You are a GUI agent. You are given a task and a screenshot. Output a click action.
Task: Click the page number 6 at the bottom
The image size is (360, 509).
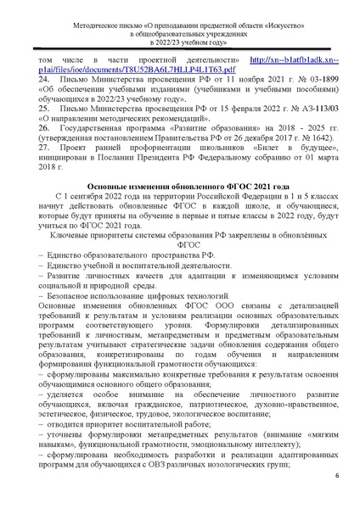click(335, 475)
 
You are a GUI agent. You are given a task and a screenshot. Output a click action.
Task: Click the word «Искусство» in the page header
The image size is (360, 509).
click(260, 15)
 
